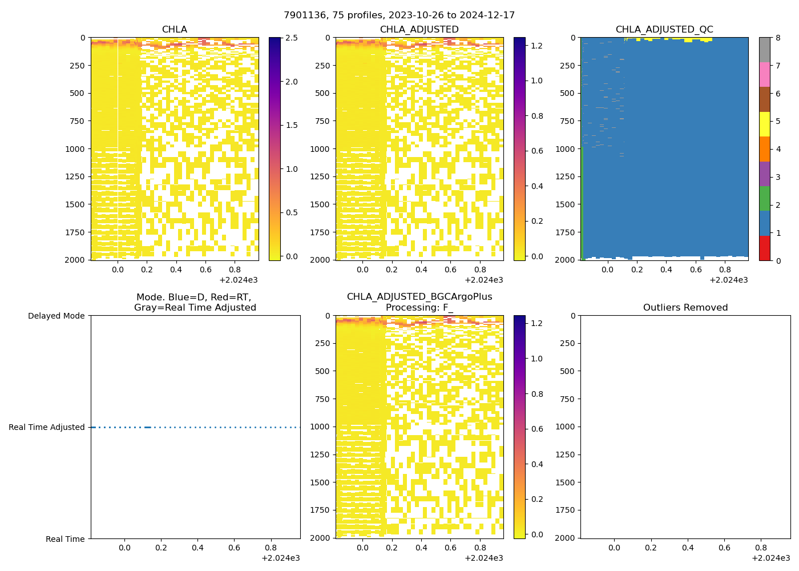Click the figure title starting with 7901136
[399, 15]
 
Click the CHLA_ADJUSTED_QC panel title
[664, 29]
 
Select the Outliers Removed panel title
[685, 307]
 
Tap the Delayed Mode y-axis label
[56, 316]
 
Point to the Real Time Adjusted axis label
[46, 427]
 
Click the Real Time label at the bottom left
[65, 539]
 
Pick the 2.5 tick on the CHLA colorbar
[291, 38]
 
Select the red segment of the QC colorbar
[765, 248]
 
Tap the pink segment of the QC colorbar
[765, 74]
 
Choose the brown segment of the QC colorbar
[765, 99]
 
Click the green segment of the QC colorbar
[765, 198]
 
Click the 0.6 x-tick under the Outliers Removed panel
[724, 548]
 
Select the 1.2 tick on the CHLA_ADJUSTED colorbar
[536, 45]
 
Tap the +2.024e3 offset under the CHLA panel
[239, 280]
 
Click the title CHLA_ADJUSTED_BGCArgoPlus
[419, 297]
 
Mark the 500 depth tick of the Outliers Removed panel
[567, 371]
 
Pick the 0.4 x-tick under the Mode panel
[197, 548]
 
